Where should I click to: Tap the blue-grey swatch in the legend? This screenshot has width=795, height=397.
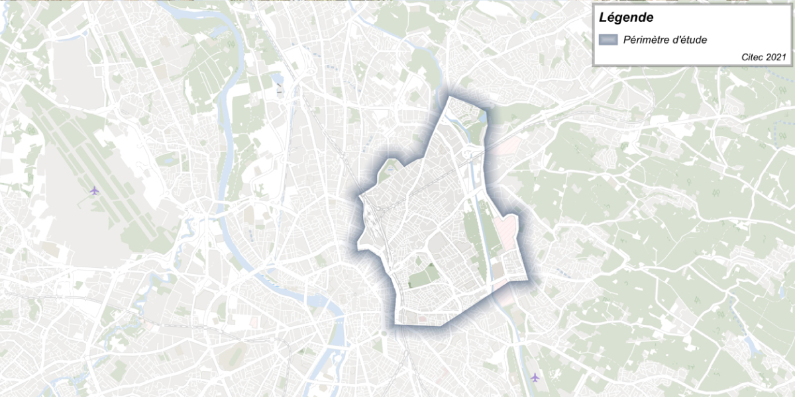608,40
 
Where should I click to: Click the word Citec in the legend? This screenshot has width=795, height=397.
753,58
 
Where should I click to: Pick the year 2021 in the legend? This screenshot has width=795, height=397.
776,58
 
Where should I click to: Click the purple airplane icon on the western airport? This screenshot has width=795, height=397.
94,191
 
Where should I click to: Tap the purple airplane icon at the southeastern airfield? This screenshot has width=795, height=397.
535,377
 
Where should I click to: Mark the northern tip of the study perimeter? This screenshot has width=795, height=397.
450,97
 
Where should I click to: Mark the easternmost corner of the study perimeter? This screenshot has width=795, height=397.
531,278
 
